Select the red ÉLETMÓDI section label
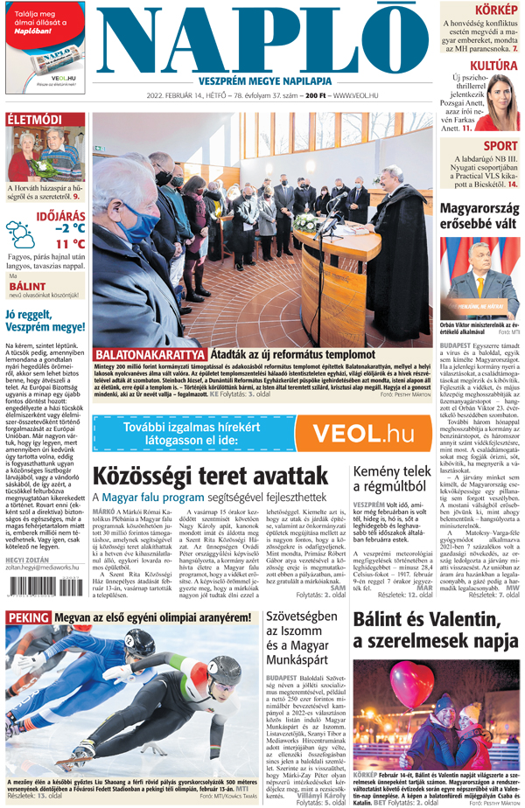34,120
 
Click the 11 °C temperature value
69,243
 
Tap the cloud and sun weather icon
19,234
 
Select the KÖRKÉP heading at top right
495,10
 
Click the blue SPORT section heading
500,145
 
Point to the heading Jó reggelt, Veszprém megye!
45,324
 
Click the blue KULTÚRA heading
493,65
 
